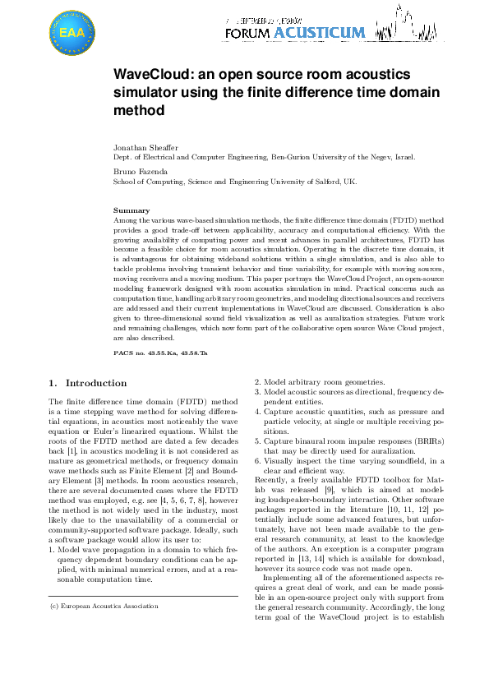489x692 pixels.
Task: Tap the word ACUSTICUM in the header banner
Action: pos(319,33)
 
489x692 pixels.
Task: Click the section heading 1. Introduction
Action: pos(88,383)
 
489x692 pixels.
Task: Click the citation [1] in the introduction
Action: pos(72,452)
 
